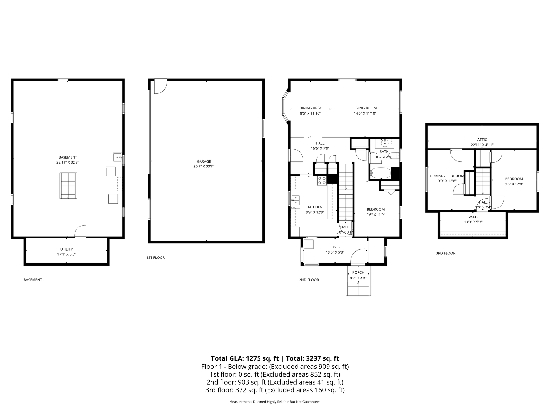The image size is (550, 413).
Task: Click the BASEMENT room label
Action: (x=68, y=157)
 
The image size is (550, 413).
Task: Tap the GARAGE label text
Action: (x=204, y=161)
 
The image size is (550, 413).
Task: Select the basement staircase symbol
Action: (x=68, y=186)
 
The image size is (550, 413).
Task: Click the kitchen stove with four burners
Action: (x=322, y=180)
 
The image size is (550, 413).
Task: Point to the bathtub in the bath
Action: (x=381, y=174)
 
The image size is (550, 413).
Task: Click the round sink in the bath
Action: (x=384, y=142)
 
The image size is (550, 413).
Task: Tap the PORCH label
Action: (x=358, y=272)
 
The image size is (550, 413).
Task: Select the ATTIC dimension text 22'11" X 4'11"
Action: (x=482, y=145)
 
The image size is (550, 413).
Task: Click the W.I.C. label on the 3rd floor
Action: (x=473, y=217)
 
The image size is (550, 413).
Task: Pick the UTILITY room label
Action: (x=66, y=249)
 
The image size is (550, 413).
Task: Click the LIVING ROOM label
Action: (x=365, y=108)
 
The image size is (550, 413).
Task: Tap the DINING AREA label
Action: (x=310, y=108)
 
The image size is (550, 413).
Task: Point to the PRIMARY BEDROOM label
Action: (x=447, y=176)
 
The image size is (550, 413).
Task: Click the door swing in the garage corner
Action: (x=161, y=86)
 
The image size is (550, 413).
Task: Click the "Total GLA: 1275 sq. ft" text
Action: (x=244, y=358)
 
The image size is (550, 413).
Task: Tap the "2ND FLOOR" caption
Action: (x=309, y=280)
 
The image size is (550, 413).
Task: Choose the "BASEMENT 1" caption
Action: (x=34, y=280)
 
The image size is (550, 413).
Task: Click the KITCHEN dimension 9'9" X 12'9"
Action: (x=315, y=212)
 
